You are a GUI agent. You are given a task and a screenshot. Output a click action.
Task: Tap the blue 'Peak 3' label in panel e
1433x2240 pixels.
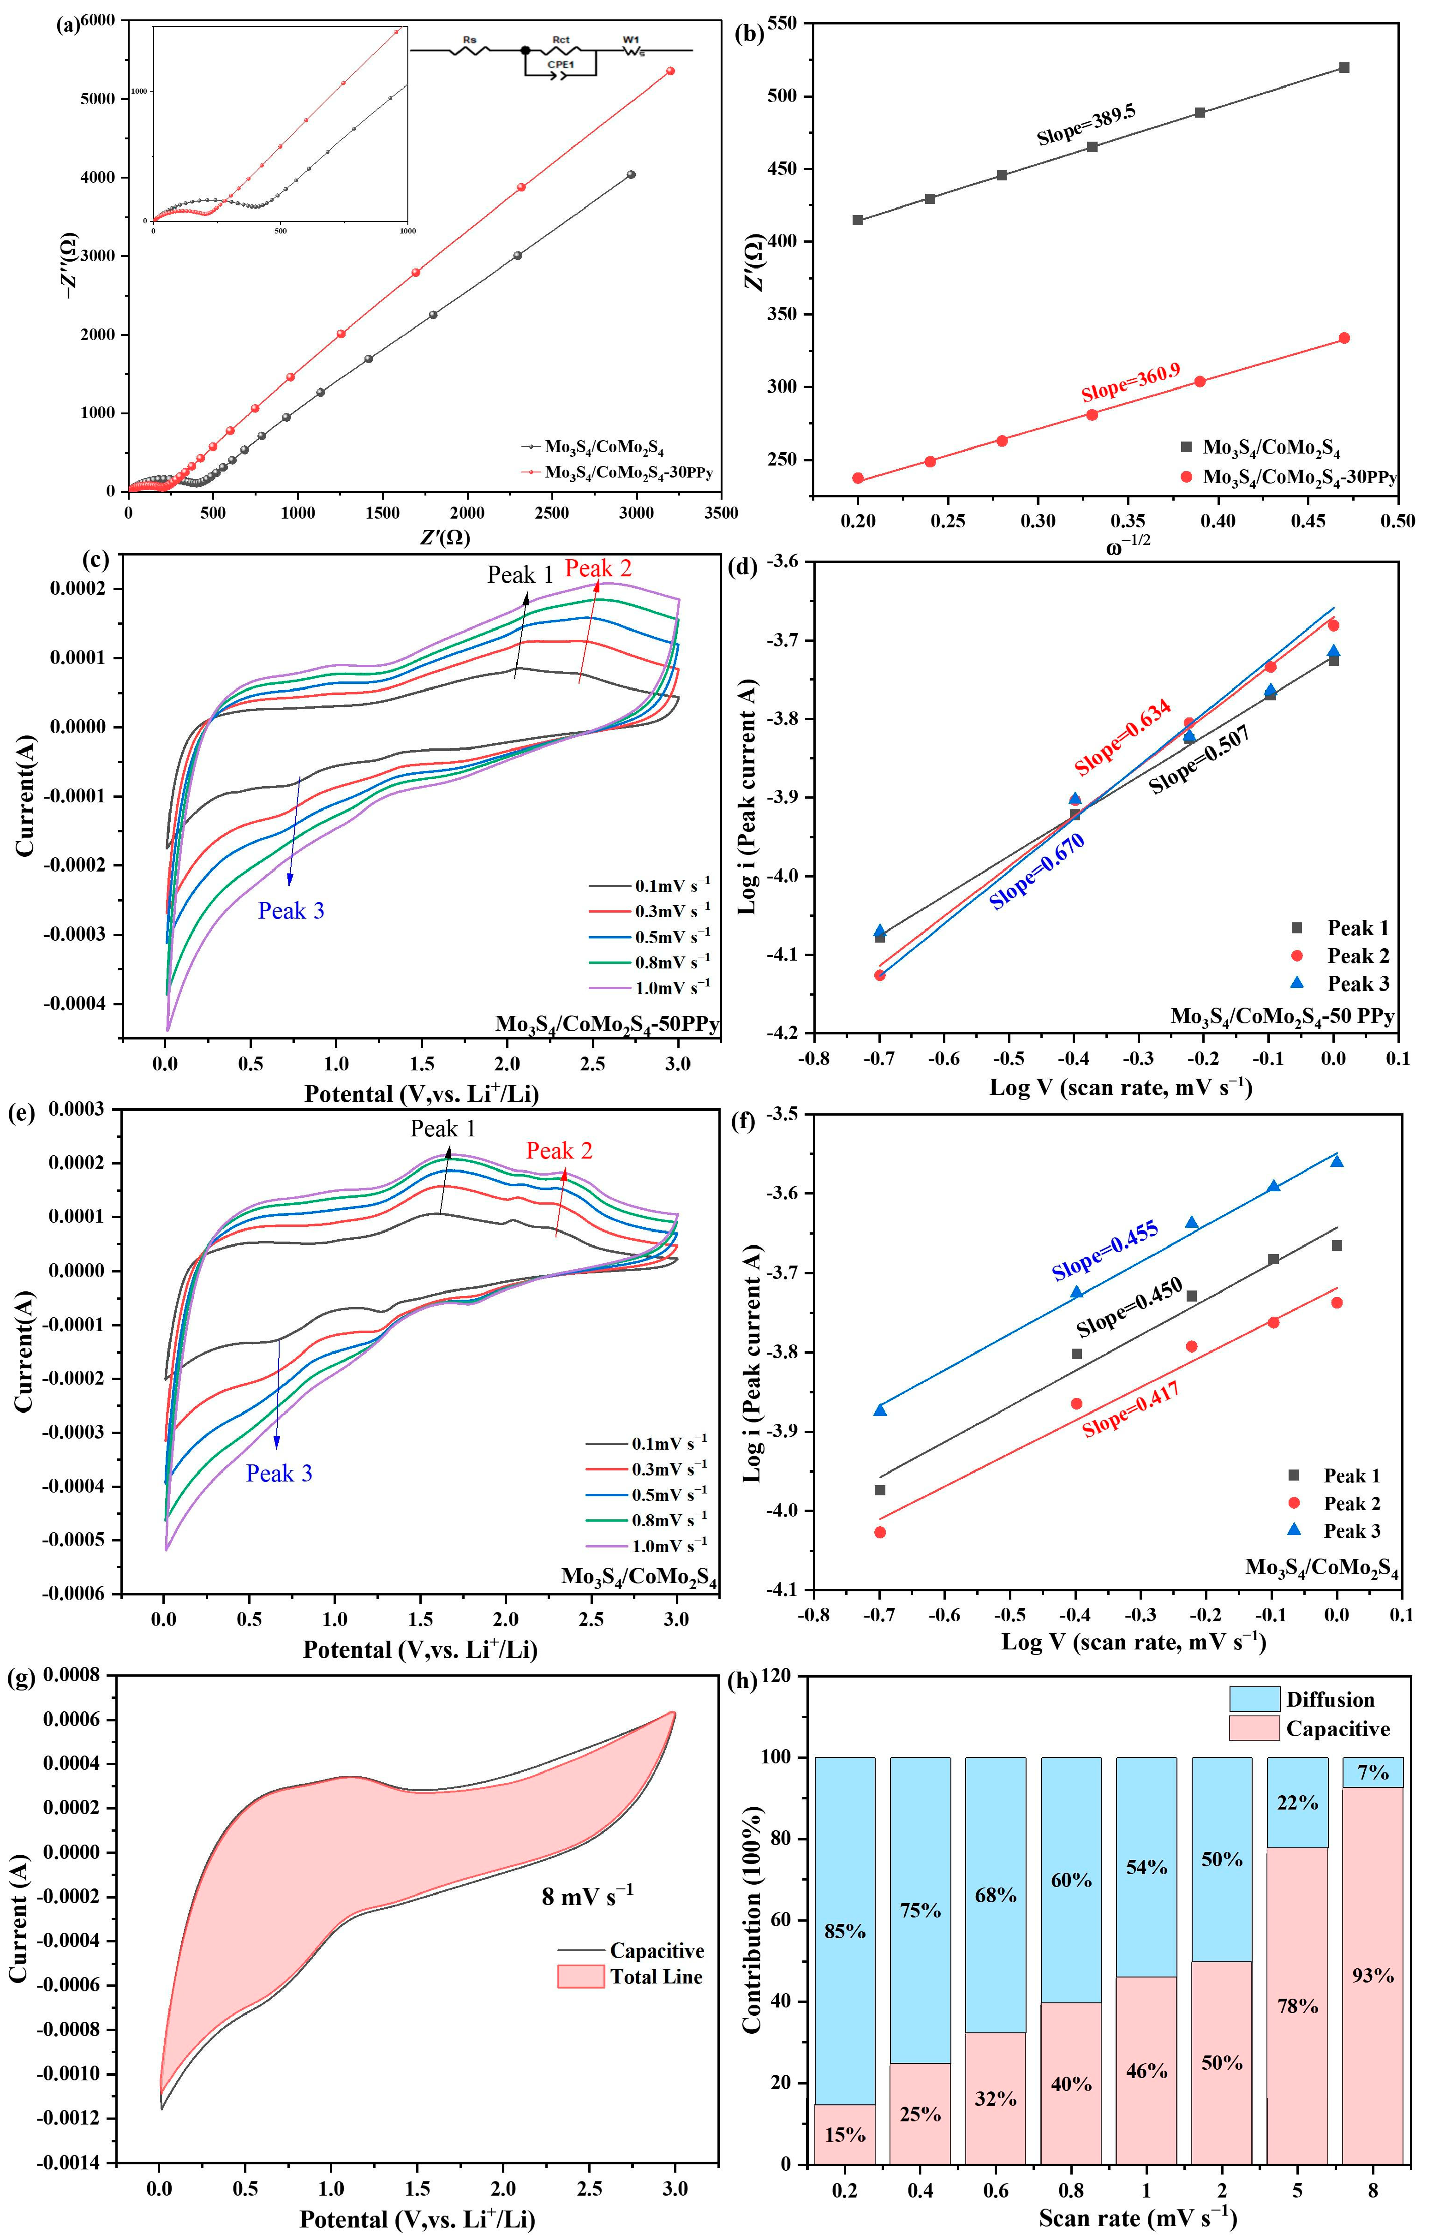tap(279, 1473)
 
